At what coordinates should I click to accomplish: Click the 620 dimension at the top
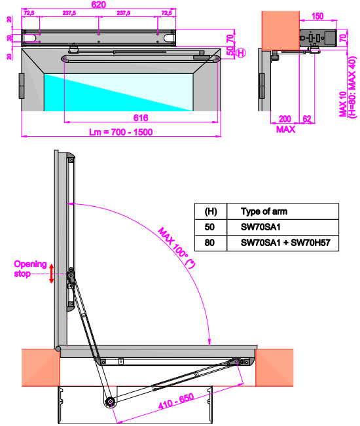[99, 5]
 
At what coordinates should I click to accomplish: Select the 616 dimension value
[141, 118]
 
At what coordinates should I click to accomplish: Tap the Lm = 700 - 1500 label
[121, 132]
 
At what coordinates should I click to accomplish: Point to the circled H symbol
[241, 53]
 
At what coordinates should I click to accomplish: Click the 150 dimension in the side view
[317, 16]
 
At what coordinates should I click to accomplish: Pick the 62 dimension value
[307, 119]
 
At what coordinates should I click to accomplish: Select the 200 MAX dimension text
[285, 124]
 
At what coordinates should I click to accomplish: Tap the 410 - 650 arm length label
[176, 401]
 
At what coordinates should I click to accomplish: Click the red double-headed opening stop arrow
[51, 274]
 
